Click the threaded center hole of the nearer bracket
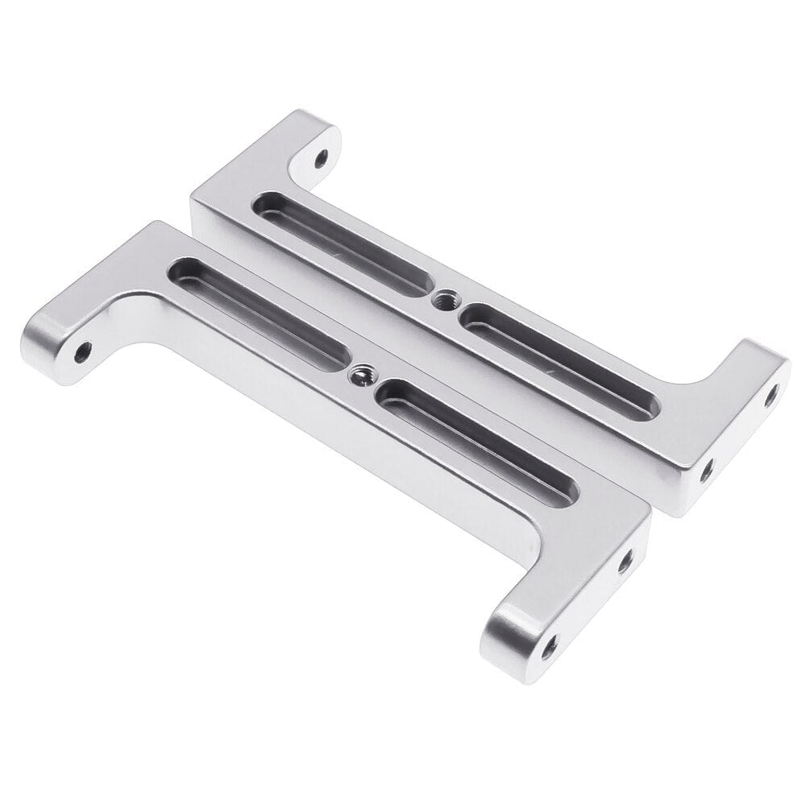(x=359, y=374)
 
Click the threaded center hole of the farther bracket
(x=441, y=301)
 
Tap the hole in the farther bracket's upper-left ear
(x=322, y=155)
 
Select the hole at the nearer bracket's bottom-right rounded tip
(x=550, y=644)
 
